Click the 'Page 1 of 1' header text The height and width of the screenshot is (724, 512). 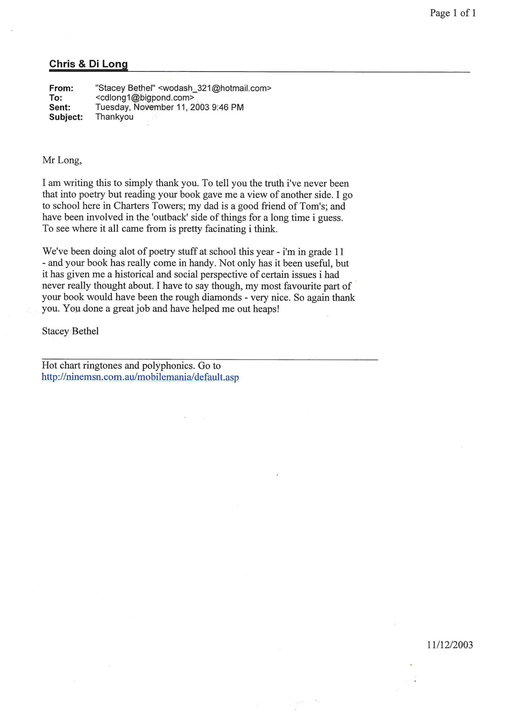pos(453,13)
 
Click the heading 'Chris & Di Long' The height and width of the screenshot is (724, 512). pos(88,64)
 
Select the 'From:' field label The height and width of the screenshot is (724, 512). pos(61,88)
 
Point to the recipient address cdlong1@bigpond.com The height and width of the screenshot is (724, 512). pos(144,98)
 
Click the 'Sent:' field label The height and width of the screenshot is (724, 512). pos(60,108)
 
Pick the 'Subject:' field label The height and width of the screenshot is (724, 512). pos(66,117)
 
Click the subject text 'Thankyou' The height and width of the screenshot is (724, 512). pos(114,117)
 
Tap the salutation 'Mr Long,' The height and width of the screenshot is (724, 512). pos(62,160)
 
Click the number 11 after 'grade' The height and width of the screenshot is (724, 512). pos(339,252)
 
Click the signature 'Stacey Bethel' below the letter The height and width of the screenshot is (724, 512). pos(70,331)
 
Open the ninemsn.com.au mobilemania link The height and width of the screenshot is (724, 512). pos(140,377)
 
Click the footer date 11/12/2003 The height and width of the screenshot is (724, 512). pos(450,645)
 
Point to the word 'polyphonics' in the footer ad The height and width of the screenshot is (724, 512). pos(168,366)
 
